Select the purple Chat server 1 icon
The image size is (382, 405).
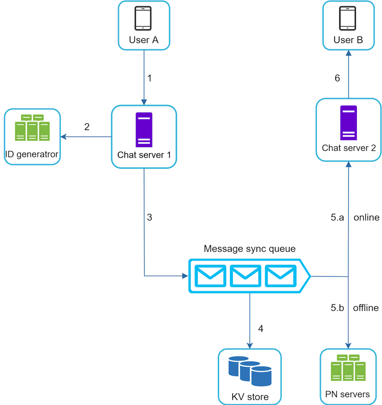tap(144, 130)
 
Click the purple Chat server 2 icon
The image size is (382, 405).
tap(349, 123)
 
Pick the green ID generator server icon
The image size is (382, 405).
tap(32, 128)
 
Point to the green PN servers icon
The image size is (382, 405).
tap(348, 368)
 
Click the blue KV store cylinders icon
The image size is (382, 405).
tap(250, 370)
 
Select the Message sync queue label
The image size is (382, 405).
tap(250, 249)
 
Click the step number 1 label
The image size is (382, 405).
tap(149, 78)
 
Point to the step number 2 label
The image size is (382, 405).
tap(87, 127)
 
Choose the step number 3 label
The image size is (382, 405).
tap(149, 217)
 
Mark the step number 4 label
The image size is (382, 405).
tap(260, 328)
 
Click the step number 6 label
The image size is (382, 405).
tap(337, 78)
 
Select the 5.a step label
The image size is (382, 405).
tap(337, 217)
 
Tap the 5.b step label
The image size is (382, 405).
tap(337, 308)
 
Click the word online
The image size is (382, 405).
tap(366, 217)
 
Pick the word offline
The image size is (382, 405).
tap(366, 308)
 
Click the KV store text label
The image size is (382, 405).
tap(250, 396)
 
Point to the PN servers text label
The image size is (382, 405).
tap(348, 394)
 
